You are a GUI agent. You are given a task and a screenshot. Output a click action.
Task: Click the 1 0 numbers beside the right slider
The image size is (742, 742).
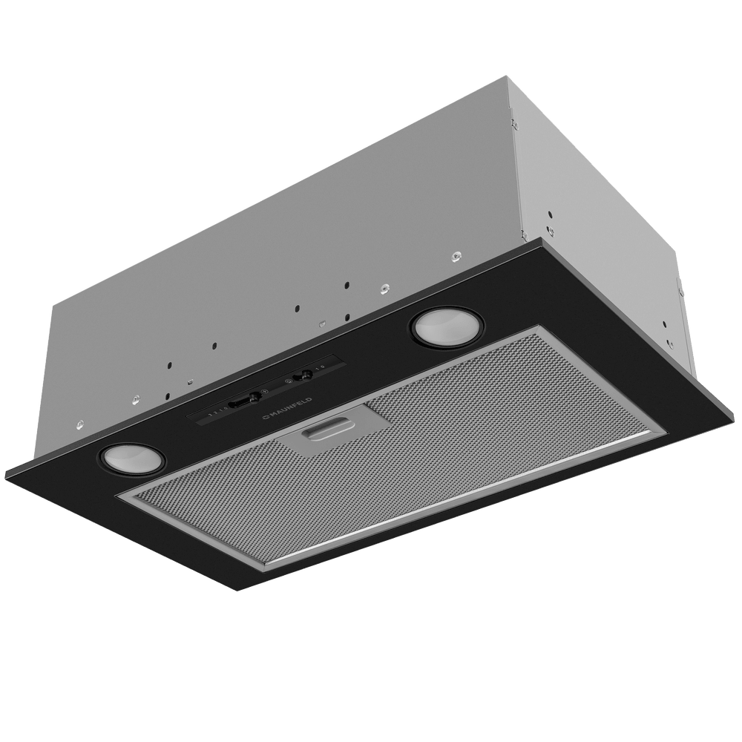321,367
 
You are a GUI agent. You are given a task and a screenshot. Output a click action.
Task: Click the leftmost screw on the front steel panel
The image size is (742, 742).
79,424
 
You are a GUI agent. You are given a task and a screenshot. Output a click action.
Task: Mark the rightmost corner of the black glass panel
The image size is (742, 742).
738,388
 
